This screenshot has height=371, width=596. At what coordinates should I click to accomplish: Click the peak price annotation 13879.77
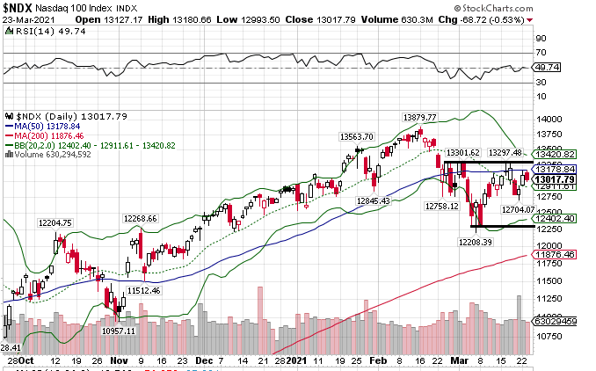420,117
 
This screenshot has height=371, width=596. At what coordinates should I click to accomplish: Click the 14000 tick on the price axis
549,119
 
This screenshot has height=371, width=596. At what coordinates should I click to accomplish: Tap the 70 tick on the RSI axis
541,40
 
